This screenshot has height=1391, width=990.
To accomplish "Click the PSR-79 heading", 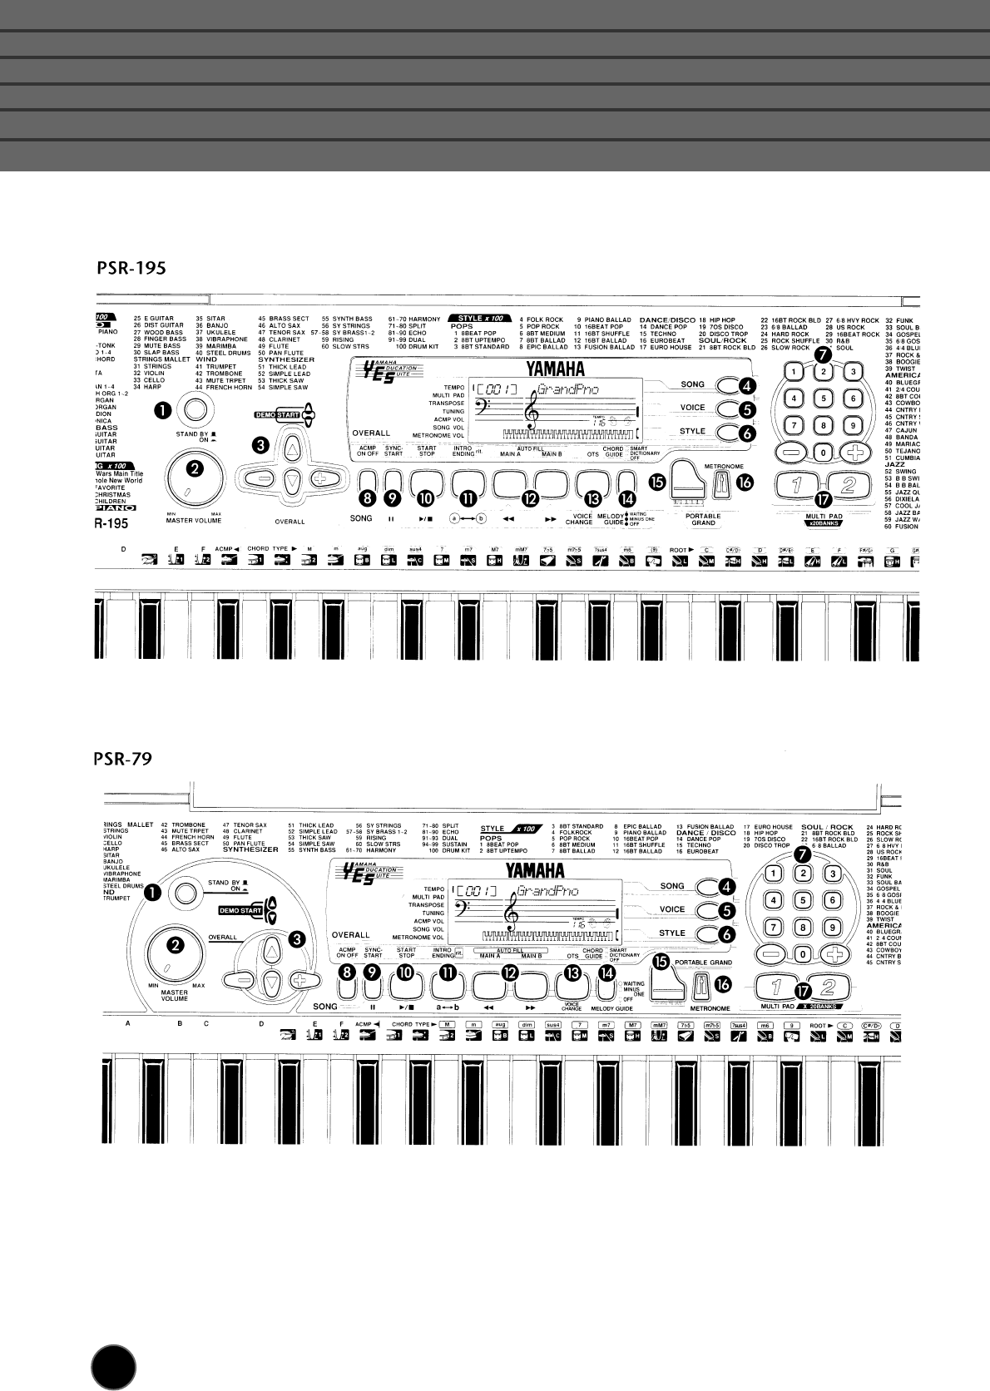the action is tap(121, 760).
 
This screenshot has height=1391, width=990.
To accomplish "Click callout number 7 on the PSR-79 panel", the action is tap(802, 854).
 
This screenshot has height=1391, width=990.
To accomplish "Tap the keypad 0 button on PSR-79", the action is tap(803, 954).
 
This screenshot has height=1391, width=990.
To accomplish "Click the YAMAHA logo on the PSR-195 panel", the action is tap(555, 369).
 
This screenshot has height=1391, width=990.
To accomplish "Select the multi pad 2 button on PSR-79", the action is tap(828, 988).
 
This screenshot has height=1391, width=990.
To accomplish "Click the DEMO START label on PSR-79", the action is tap(240, 910).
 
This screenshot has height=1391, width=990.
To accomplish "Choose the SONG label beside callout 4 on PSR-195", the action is tap(692, 385).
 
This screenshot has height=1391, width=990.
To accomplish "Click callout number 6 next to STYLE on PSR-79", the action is tap(727, 933).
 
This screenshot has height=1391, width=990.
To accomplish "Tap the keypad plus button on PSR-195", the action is tap(852, 453).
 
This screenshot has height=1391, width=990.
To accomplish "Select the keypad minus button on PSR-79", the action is tap(774, 954).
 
